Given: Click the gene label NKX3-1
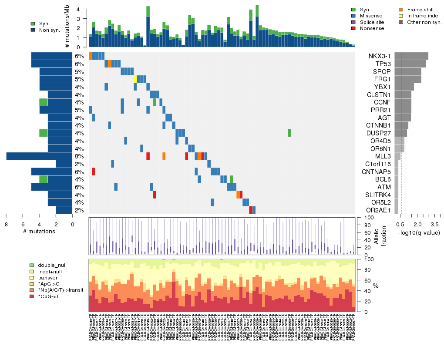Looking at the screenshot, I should tap(380, 56).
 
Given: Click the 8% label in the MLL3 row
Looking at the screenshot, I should tap(79, 156).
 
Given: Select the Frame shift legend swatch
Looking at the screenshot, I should tap(402, 9).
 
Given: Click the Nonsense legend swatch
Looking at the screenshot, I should tap(353, 28).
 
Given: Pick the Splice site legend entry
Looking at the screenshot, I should tap(353, 22).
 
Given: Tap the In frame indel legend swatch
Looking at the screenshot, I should tap(402, 16).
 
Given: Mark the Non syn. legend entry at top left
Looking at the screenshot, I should tap(33, 30).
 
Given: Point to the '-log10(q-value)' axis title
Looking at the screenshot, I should tap(419, 233).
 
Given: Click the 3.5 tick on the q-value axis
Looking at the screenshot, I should tap(434, 224).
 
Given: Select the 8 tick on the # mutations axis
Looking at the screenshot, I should tap(6, 224).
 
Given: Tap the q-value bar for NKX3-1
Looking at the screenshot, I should tap(411, 56).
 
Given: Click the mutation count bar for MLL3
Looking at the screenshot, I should tap(39, 156).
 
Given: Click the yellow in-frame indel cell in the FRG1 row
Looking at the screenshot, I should tap(135, 79).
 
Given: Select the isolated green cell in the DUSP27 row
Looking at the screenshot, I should tap(289, 133).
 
